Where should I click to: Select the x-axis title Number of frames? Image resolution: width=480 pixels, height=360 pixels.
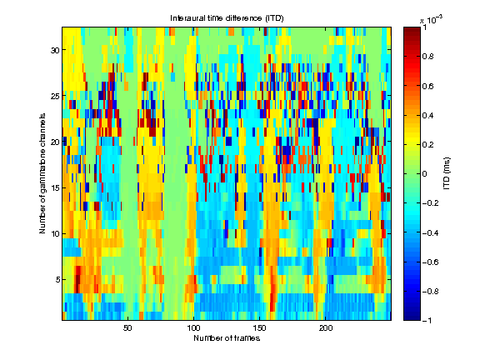[x=227, y=339]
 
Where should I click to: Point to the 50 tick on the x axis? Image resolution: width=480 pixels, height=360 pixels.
[x=127, y=328]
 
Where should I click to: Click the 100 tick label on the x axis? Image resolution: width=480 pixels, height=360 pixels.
[x=193, y=328]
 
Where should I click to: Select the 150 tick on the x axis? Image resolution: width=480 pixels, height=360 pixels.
[x=260, y=328]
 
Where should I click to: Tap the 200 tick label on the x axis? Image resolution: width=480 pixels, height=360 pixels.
[x=326, y=328]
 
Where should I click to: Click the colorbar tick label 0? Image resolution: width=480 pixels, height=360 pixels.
[x=426, y=173]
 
